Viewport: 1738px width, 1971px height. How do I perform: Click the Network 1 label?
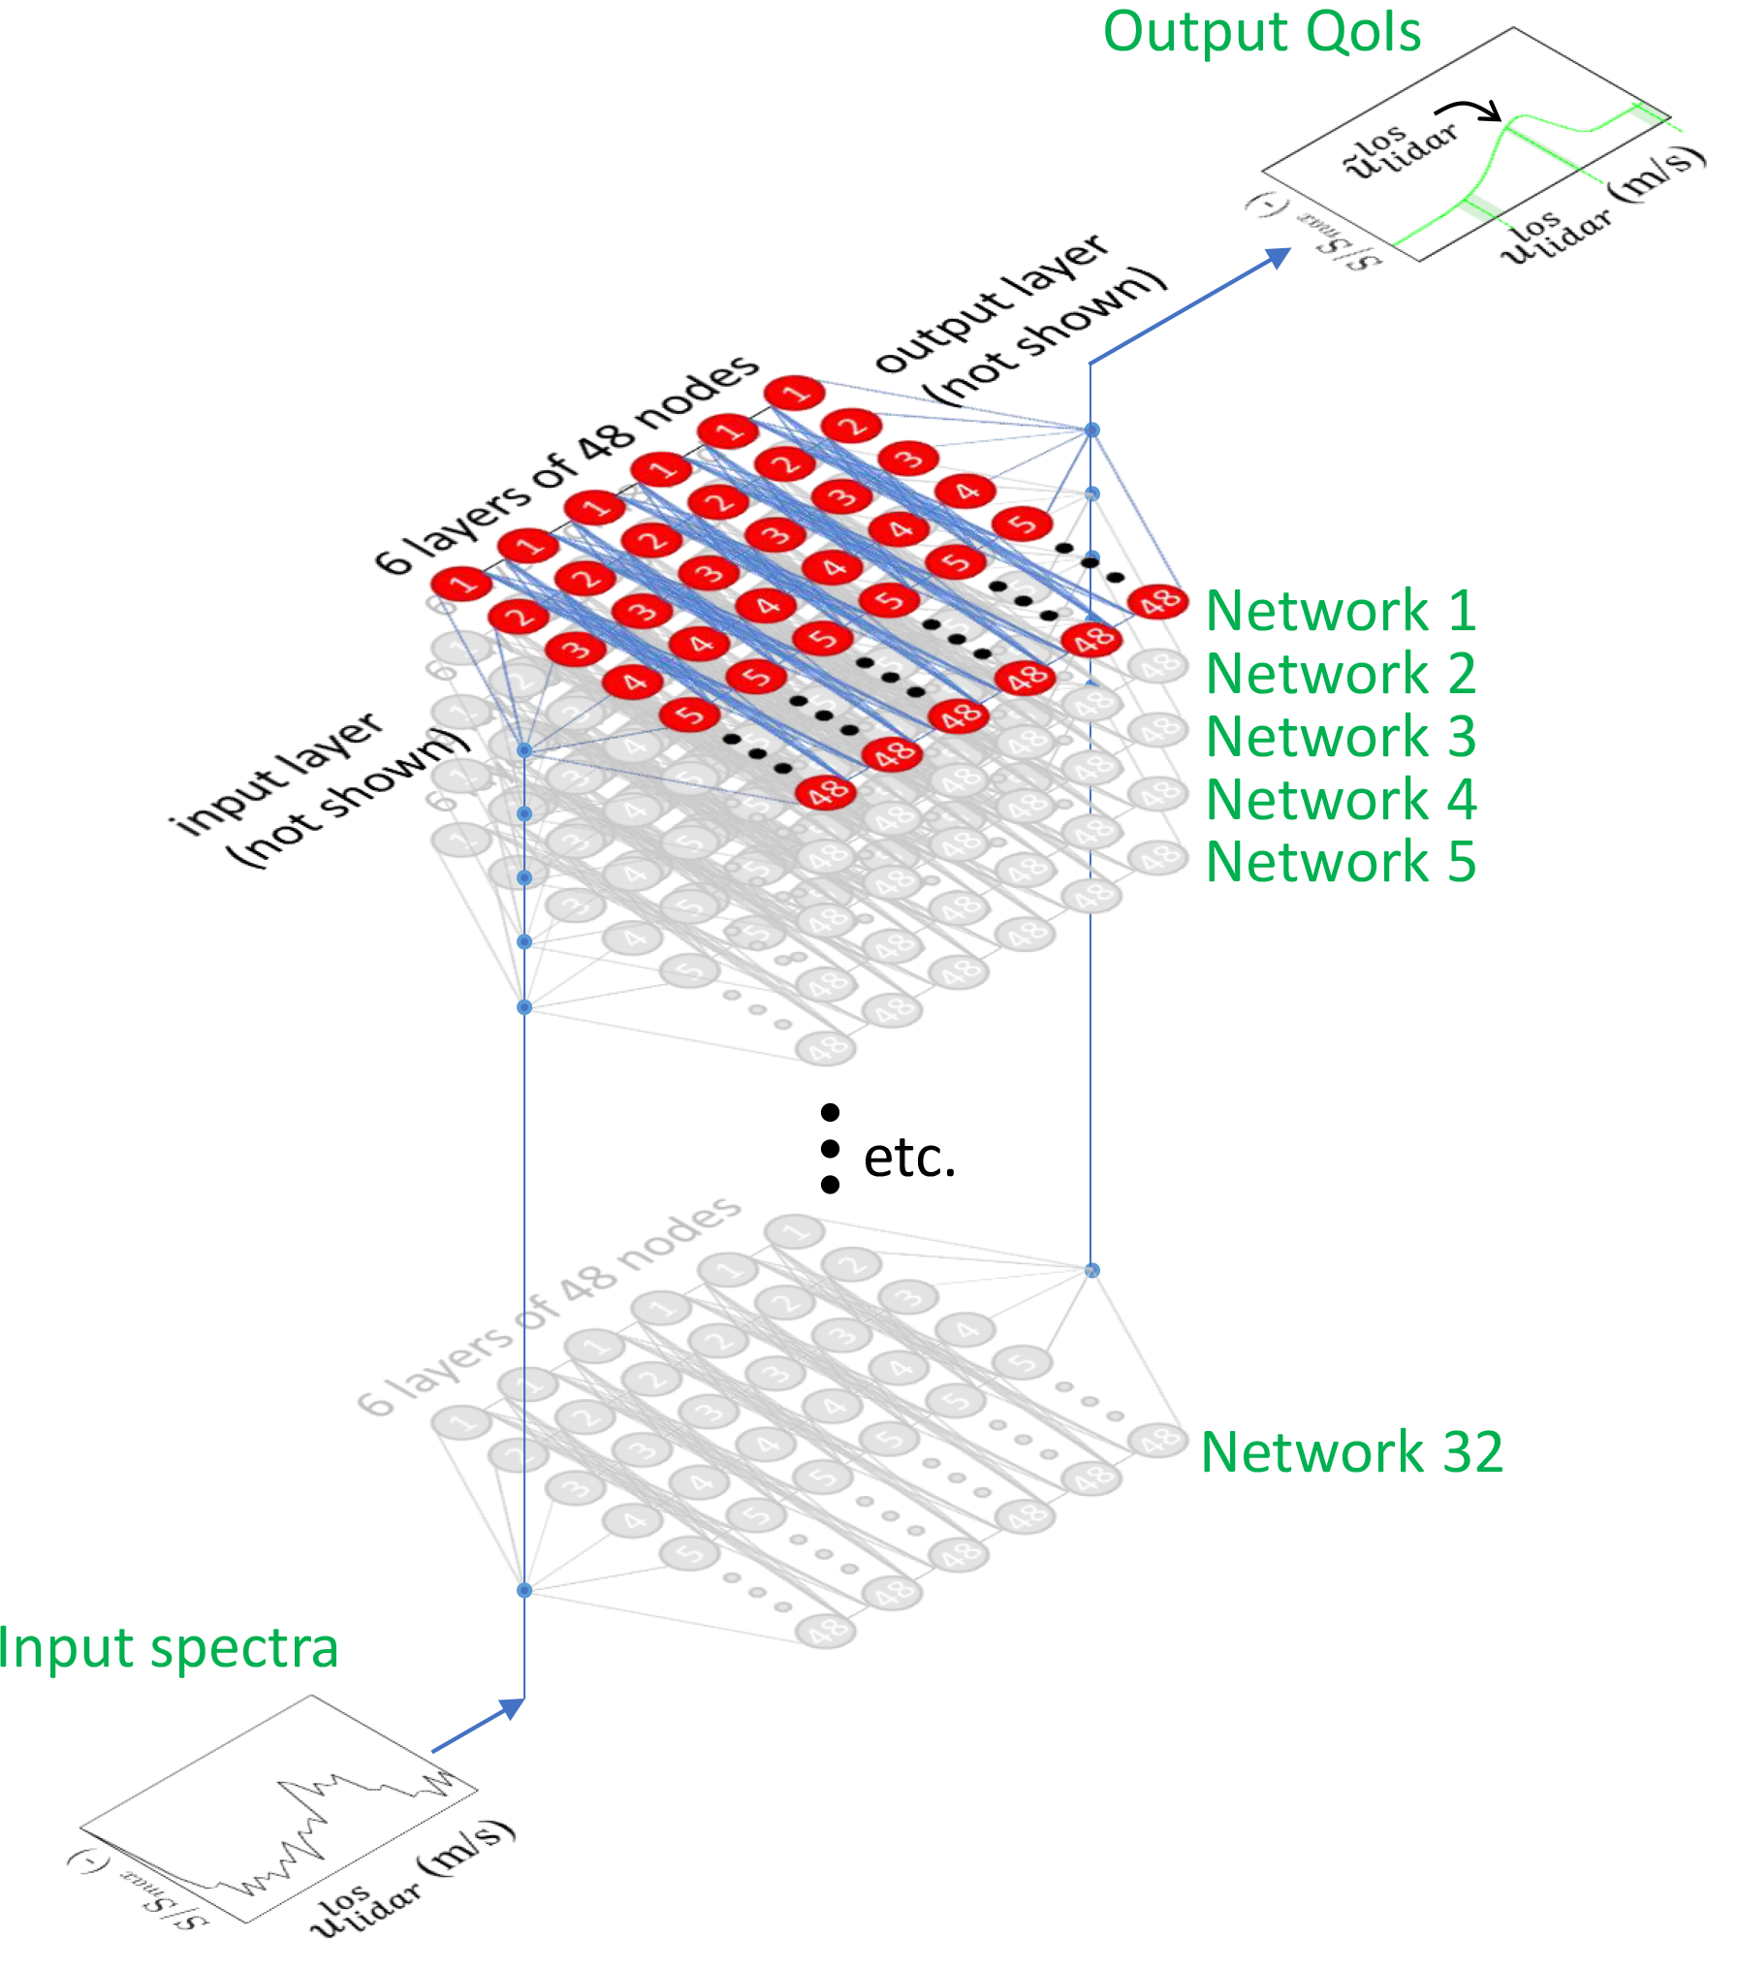pos(1341,612)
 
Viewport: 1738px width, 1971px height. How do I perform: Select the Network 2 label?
pos(1341,675)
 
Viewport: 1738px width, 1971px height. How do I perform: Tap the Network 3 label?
pos(1341,738)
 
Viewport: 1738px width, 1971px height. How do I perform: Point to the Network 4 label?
pos(1341,801)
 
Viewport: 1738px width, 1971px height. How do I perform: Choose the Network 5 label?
pos(1341,863)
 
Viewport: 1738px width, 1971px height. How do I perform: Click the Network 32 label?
pos(1351,1452)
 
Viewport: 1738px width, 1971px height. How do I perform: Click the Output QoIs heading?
pos(1261,32)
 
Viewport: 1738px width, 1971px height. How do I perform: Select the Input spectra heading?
pos(168,1648)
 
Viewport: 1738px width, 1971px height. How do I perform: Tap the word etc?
pos(909,1158)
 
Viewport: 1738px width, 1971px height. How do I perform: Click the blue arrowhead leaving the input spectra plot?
pos(512,1709)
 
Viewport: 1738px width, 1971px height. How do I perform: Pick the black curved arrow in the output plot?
pos(1469,110)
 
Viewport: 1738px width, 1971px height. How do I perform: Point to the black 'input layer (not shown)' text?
pos(320,790)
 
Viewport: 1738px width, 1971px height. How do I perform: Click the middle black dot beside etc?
pos(830,1149)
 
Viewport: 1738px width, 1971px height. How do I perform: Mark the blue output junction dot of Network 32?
pos(1092,1270)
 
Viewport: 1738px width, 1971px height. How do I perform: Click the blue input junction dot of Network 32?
pos(524,1591)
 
